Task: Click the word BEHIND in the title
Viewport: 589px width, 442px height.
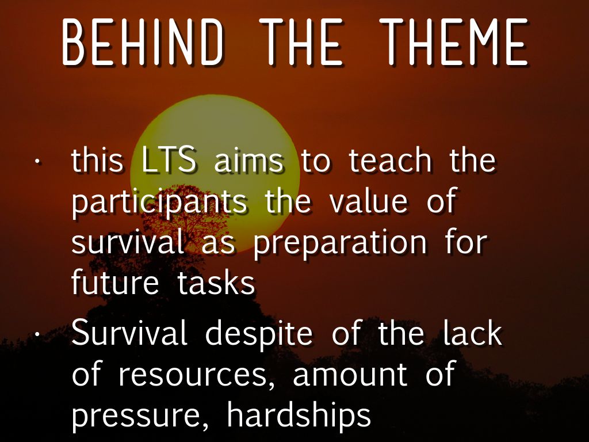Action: click(x=143, y=41)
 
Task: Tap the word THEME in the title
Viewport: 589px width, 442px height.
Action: click(x=454, y=41)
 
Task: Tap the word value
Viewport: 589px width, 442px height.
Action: click(x=369, y=201)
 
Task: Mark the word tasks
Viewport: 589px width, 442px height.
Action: click(x=216, y=282)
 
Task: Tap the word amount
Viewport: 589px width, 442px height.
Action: click(x=350, y=374)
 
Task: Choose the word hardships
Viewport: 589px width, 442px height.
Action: click(x=299, y=415)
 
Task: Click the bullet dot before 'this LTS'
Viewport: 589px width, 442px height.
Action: click(x=37, y=162)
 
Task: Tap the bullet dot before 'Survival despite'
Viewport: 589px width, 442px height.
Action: click(x=37, y=334)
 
